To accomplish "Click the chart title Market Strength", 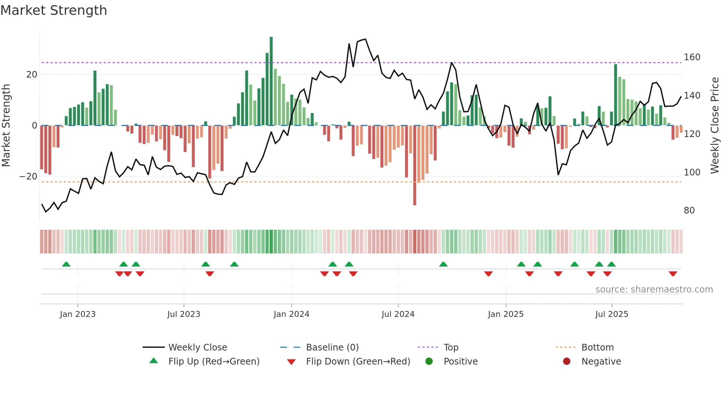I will [54, 10].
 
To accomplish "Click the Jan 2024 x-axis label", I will [291, 314].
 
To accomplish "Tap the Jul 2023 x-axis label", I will [184, 314].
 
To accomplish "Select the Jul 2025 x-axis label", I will [612, 314].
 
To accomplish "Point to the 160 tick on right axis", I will [692, 57].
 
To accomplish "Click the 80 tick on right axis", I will [689, 211].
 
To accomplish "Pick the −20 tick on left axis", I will [28, 177].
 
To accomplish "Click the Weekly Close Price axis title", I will [715, 126].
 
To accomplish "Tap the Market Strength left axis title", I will [6, 126].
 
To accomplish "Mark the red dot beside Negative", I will [567, 361].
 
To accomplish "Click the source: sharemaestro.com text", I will [654, 290].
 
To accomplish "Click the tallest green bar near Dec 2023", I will [271, 81].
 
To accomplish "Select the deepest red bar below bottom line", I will [415, 166].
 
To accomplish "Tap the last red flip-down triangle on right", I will [673, 274].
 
